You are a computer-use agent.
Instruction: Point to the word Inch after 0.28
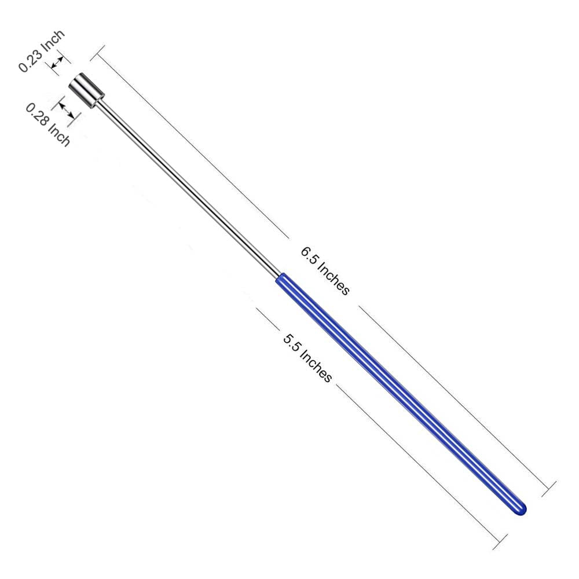60,134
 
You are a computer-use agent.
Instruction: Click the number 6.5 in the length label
309,255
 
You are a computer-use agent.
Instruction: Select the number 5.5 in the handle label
291,342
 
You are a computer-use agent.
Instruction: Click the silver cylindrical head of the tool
87,91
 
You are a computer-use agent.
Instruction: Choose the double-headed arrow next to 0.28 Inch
65,109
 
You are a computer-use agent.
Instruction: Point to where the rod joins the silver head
105,105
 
